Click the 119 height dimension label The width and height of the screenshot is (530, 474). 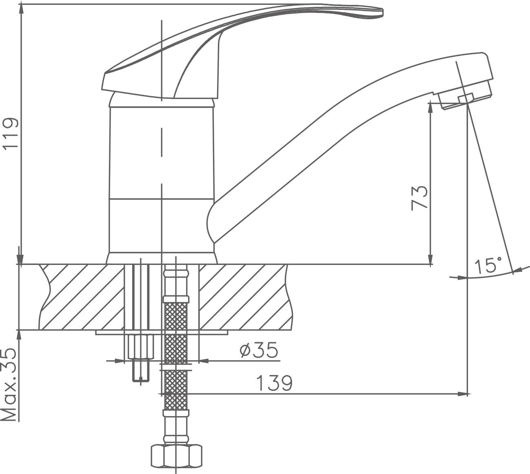point(10,133)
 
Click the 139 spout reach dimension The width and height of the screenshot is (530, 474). point(274,384)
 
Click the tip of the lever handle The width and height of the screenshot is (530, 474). point(382,12)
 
